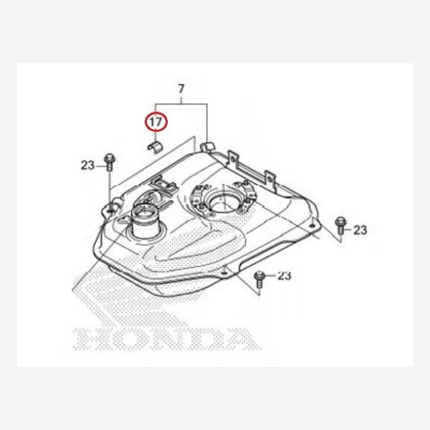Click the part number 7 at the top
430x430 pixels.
pos(181,89)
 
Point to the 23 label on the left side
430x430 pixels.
pos(87,166)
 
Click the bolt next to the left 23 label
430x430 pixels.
pos(108,161)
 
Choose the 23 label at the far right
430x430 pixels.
pos(360,229)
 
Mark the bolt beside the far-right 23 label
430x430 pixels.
pos(340,225)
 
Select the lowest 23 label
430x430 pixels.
pos(285,275)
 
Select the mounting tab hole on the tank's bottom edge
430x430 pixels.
pos(226,272)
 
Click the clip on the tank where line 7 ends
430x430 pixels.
pos(209,148)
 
